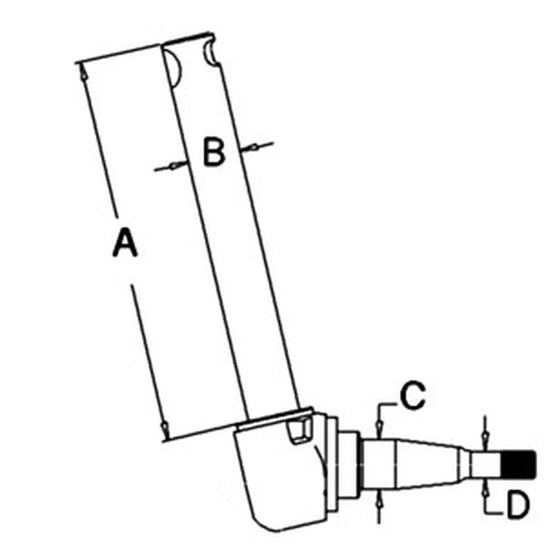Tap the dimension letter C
(413, 395)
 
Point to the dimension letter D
(518, 505)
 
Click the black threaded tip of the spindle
(518, 464)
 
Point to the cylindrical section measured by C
(379, 464)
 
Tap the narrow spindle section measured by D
(486, 464)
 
